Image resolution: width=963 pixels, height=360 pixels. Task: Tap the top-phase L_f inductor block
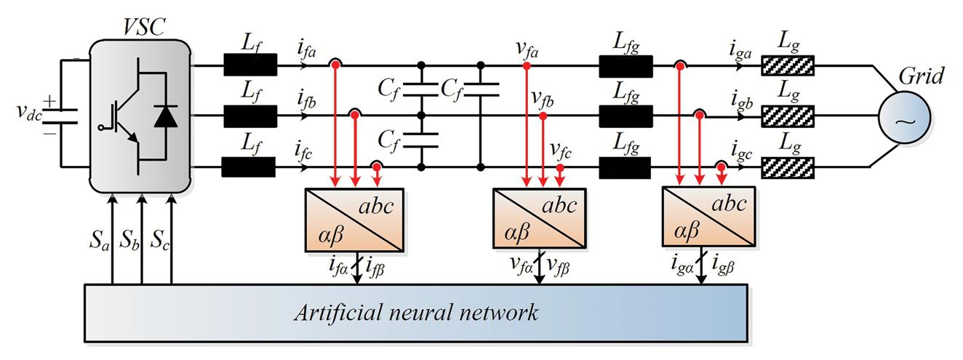coord(250,66)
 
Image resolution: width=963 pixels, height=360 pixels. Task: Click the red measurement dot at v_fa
coord(526,66)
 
